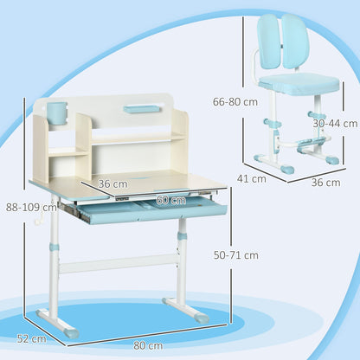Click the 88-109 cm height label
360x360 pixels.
(31, 207)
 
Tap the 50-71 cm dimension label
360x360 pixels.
(236, 255)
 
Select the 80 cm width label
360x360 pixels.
(148, 345)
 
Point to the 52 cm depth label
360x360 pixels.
(32, 338)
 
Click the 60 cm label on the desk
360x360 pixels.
(171, 200)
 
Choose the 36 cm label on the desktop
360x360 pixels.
(112, 183)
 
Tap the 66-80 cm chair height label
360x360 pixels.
(235, 102)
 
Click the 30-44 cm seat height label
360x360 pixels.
(336, 124)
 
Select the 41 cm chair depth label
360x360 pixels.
(252, 179)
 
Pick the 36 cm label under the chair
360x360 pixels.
(325, 183)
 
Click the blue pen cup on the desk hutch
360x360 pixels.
(57, 112)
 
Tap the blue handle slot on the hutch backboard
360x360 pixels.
(141, 109)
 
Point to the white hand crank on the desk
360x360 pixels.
(39, 219)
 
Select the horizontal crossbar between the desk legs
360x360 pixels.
(119, 264)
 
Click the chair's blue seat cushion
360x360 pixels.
(299, 84)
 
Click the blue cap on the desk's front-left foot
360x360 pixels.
(71, 332)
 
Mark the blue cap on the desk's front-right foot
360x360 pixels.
(201, 317)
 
